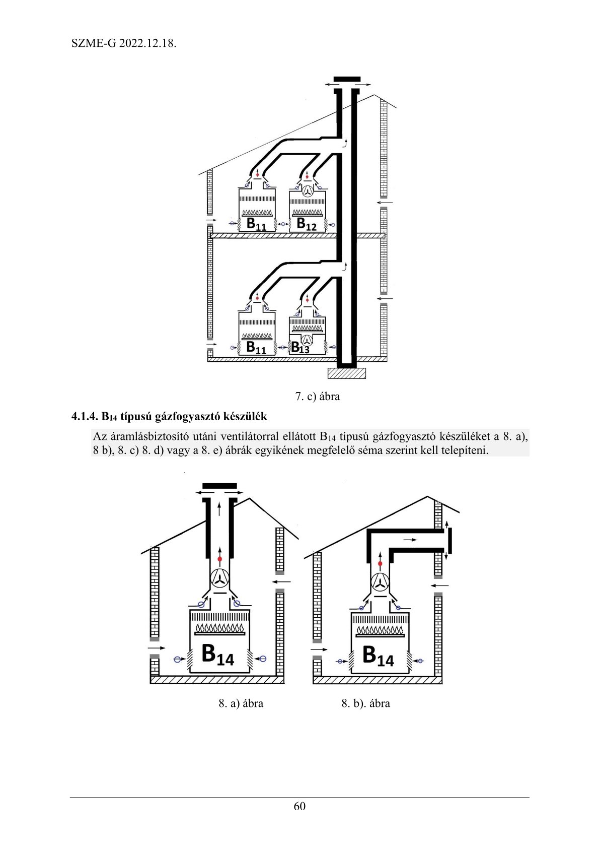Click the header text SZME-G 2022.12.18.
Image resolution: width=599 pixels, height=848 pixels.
(124, 43)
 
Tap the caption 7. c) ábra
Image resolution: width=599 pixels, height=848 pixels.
(317, 397)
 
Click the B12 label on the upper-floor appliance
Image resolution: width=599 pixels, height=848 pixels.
(307, 224)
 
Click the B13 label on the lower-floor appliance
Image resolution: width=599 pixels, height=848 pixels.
(300, 348)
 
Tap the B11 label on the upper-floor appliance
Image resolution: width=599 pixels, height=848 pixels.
(256, 224)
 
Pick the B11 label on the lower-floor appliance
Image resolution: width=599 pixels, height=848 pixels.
(256, 348)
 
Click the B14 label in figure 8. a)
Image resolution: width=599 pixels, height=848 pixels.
(217, 654)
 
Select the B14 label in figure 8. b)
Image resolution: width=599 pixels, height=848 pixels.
(378, 656)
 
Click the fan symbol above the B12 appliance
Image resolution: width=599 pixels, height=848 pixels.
(307, 191)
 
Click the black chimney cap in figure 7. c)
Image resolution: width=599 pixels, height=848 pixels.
(347, 80)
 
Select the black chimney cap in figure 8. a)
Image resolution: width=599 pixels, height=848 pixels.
(219, 486)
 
